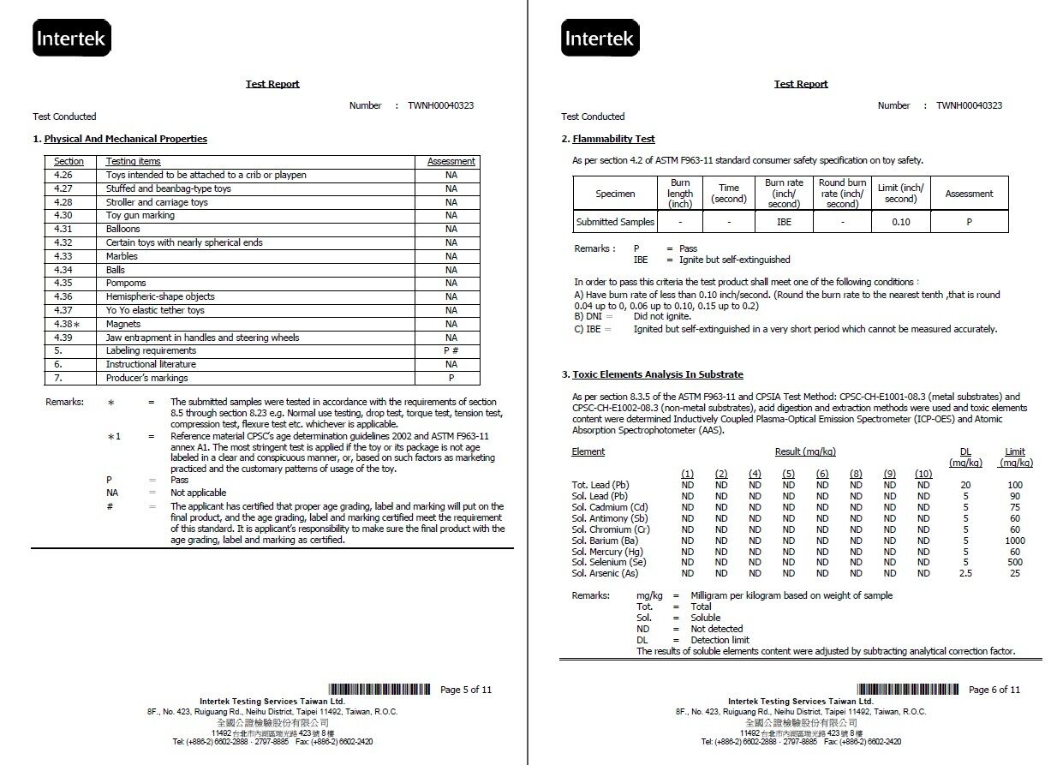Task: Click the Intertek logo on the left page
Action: pyautogui.click(x=72, y=39)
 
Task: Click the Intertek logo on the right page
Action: pyautogui.click(x=600, y=39)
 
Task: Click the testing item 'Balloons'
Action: pyautogui.click(x=122, y=229)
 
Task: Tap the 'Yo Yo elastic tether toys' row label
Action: pyautogui.click(x=155, y=310)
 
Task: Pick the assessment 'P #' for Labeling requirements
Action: pyautogui.click(x=451, y=350)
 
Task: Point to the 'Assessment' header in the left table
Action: pyautogui.click(x=451, y=161)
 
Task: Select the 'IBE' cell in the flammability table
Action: pyautogui.click(x=784, y=222)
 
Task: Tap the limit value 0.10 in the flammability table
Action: pyautogui.click(x=900, y=222)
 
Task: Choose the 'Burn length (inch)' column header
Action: pyautogui.click(x=680, y=194)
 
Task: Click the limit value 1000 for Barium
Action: pyautogui.click(x=1015, y=541)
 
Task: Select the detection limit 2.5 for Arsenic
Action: pyautogui.click(x=965, y=573)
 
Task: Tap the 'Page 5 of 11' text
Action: pyautogui.click(x=466, y=690)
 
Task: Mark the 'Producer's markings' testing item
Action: pyautogui.click(x=146, y=378)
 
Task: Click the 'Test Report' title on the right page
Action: pyautogui.click(x=801, y=84)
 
